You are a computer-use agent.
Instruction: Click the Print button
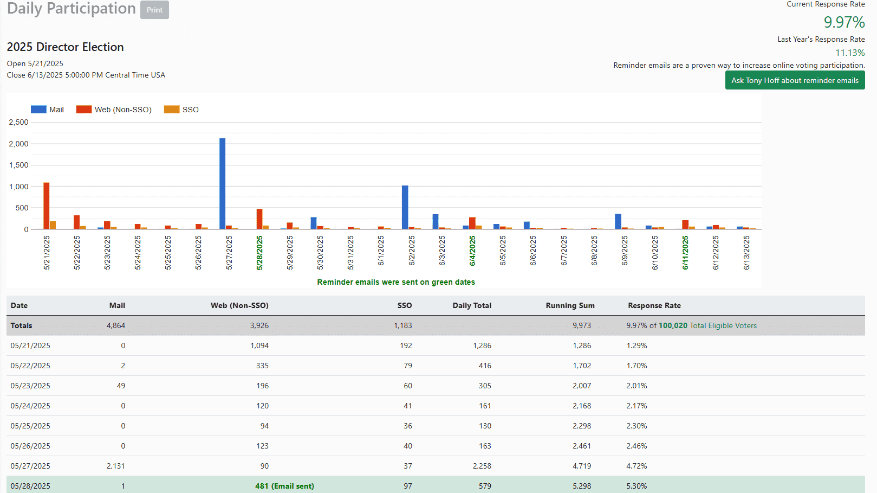click(154, 10)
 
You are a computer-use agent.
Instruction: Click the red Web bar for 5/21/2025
click(47, 206)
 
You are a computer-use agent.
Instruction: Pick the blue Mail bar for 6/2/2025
click(405, 207)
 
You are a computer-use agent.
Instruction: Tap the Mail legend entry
click(48, 110)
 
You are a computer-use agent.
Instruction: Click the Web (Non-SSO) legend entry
click(114, 110)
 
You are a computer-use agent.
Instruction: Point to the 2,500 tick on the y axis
click(19, 123)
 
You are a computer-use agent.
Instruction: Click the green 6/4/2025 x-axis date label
click(472, 251)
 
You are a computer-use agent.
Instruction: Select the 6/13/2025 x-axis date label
click(746, 253)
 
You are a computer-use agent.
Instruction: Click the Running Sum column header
click(570, 305)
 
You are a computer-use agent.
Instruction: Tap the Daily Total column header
click(472, 305)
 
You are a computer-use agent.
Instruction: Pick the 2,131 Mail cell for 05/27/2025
click(116, 466)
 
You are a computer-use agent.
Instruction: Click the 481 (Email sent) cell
click(284, 486)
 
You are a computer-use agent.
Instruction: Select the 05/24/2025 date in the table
click(30, 406)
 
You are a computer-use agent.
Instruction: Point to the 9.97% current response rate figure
click(844, 22)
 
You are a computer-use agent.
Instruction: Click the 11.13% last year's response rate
click(850, 53)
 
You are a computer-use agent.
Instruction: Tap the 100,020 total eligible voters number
click(673, 325)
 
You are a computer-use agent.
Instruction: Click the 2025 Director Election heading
click(66, 47)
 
